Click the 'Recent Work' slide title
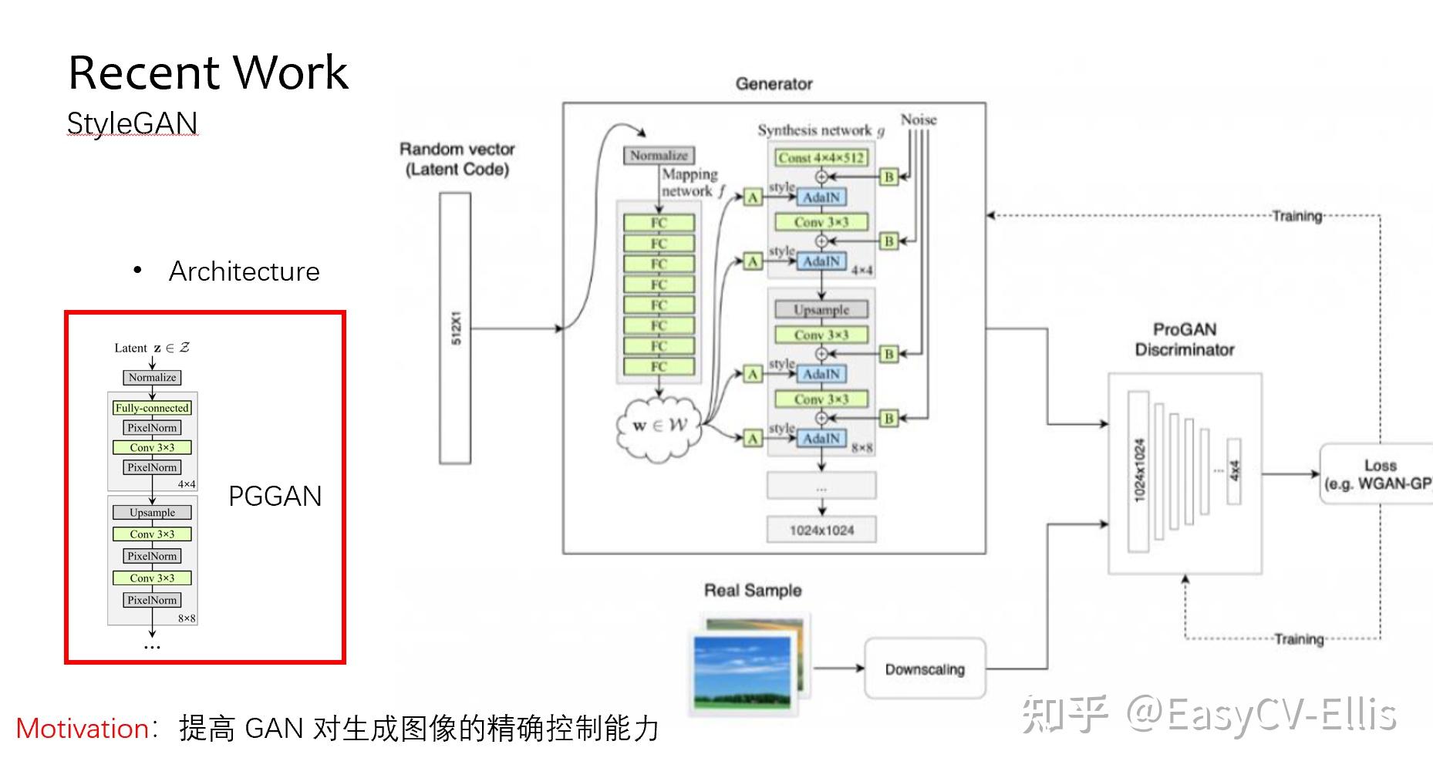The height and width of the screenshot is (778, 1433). (208, 72)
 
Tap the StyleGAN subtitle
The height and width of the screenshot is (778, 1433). (133, 123)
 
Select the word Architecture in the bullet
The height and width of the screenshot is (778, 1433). (244, 271)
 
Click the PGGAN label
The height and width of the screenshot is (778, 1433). (275, 496)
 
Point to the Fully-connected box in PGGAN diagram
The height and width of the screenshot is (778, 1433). (152, 408)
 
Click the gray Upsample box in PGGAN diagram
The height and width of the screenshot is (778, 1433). (152, 513)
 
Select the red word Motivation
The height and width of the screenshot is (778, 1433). (83, 729)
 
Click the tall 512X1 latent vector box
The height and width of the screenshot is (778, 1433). (455, 328)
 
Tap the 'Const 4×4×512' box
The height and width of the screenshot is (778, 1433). (821, 158)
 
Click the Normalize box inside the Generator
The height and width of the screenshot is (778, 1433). (659, 156)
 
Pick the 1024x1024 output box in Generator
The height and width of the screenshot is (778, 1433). (821, 530)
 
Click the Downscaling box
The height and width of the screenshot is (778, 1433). (925, 669)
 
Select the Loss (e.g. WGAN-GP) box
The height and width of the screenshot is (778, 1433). (1377, 474)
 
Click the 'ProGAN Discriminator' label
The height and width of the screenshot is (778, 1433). (1185, 339)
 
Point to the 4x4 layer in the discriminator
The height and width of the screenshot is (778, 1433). (1234, 471)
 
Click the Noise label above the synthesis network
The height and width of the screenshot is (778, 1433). (919, 120)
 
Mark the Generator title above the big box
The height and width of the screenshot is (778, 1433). (774, 84)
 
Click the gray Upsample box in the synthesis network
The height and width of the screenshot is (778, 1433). (821, 310)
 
